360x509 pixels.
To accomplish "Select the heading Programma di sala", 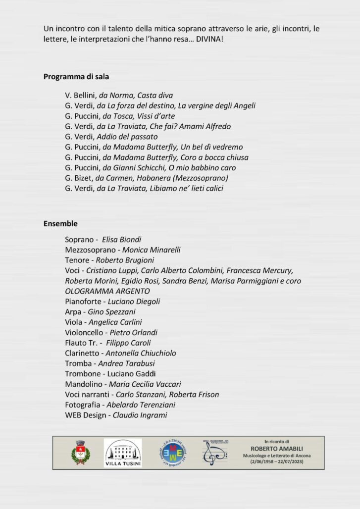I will click(76, 77).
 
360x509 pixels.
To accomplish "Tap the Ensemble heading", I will click(60, 224).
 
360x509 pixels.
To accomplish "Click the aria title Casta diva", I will click(155, 95).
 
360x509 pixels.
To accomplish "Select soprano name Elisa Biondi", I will click(121, 240).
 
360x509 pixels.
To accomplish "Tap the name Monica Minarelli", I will click(151, 250).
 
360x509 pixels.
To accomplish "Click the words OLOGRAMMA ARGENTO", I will click(107, 291).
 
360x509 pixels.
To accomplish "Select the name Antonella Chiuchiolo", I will click(141, 353).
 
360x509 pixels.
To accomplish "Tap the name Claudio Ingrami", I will click(140, 415).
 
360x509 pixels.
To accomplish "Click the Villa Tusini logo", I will click(123, 453).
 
